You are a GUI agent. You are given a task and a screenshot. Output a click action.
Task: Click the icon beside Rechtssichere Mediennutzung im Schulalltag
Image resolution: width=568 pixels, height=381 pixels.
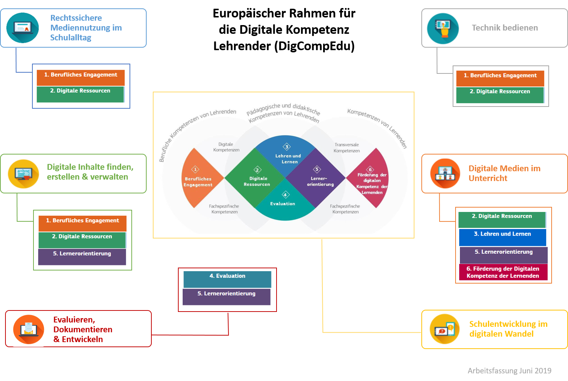tap(23, 28)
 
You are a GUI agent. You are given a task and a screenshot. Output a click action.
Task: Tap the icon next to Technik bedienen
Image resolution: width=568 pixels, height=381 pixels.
tap(443, 28)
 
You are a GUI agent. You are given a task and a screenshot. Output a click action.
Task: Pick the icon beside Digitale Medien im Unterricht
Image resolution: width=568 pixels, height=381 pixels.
tap(445, 173)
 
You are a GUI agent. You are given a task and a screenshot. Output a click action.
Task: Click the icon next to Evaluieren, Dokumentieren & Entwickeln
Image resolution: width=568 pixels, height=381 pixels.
tap(28, 329)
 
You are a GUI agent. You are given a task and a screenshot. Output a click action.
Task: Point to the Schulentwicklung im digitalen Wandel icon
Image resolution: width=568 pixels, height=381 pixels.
tap(444, 329)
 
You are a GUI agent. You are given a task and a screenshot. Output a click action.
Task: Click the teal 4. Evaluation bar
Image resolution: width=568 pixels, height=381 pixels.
tap(227, 279)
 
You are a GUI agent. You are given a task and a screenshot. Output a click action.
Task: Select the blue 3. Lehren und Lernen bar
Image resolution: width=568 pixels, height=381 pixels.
tap(503, 237)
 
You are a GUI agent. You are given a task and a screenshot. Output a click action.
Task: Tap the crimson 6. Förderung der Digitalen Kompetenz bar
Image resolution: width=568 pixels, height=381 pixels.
tap(503, 272)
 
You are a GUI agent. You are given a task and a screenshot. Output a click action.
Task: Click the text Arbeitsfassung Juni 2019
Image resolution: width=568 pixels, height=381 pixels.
tap(509, 370)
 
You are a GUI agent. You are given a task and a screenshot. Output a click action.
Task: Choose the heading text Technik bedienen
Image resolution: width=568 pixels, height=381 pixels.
tap(505, 28)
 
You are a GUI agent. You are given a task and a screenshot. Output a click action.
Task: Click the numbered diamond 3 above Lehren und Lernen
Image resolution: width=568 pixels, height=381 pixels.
tap(287, 147)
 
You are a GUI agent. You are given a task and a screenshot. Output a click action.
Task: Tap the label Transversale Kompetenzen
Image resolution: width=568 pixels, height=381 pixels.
tap(346, 148)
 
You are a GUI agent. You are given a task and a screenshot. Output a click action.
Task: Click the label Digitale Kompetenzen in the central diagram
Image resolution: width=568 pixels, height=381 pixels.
tap(226, 147)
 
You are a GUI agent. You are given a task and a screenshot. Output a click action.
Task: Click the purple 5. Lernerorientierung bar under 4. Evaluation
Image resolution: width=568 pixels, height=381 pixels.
tap(226, 296)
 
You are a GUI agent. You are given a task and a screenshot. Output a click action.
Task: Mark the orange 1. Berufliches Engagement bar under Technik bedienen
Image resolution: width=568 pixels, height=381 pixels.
tap(500, 78)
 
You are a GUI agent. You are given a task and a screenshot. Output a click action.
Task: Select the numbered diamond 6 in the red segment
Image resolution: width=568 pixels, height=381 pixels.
tap(370, 169)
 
